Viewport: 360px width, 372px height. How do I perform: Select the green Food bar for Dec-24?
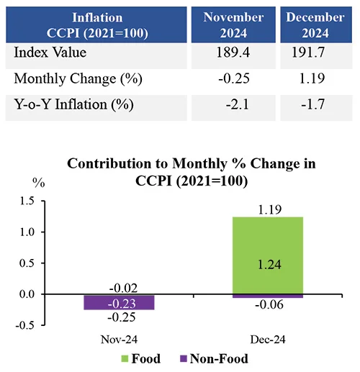coord(268,255)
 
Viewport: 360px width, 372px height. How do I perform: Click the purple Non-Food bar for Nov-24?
coord(119,302)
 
